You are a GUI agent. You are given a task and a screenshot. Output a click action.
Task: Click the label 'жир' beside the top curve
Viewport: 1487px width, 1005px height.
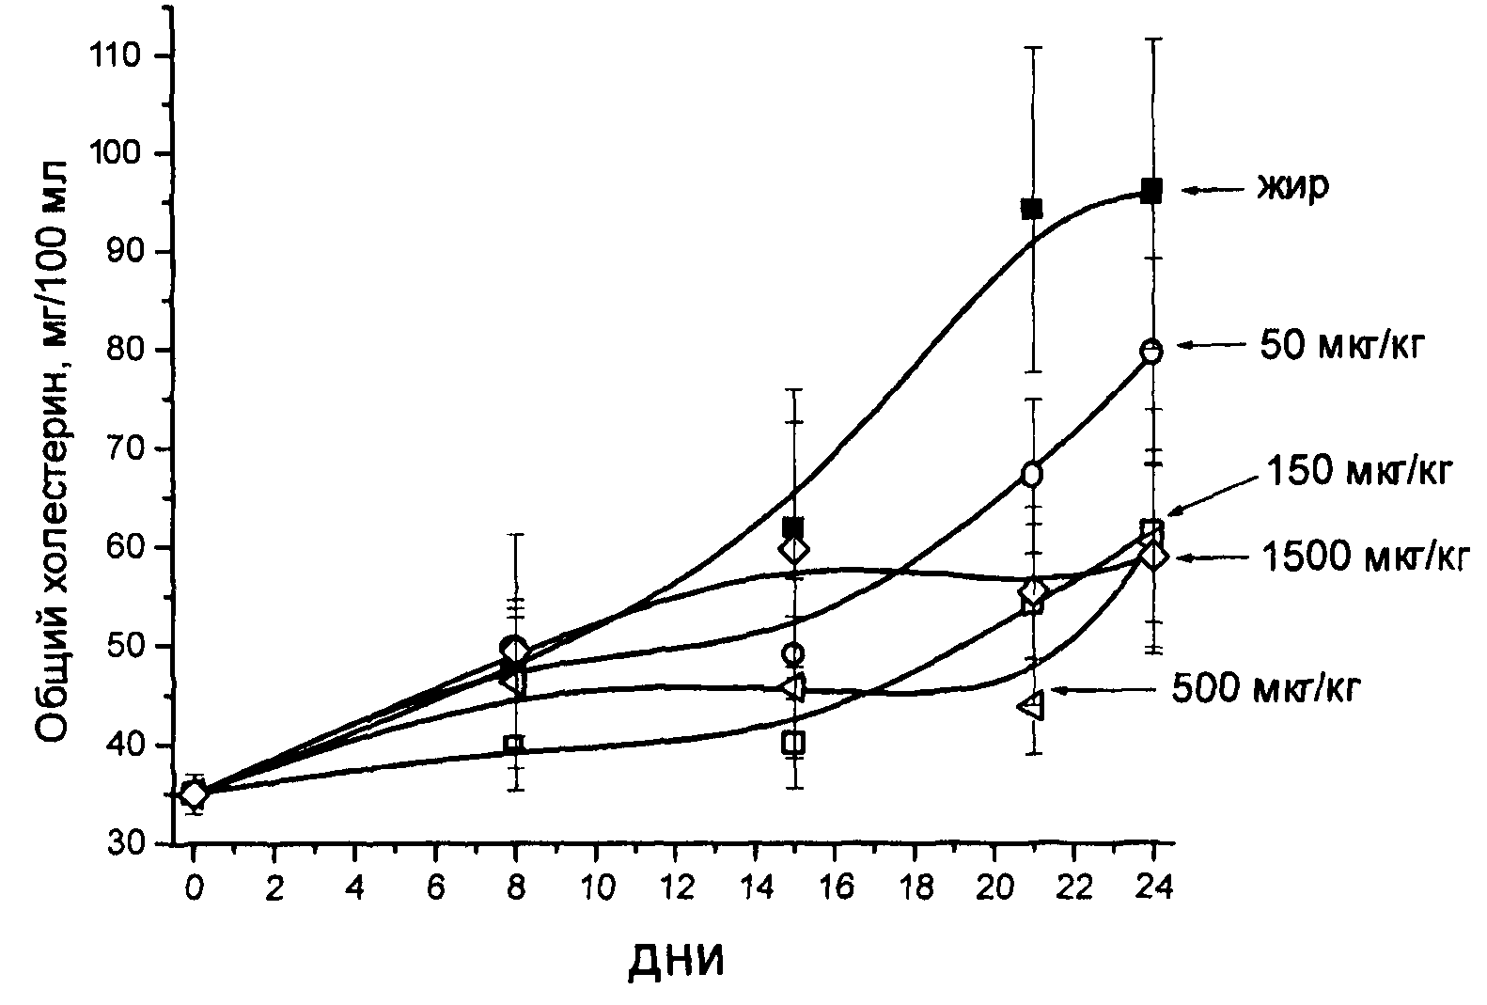(x=1294, y=188)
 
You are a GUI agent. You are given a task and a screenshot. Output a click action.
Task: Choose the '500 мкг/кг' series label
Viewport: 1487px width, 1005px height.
(x=1266, y=689)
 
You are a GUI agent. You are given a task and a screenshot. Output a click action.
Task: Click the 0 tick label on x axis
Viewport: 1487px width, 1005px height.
(x=194, y=889)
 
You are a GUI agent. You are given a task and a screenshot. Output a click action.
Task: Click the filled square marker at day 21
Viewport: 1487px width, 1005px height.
(x=1032, y=209)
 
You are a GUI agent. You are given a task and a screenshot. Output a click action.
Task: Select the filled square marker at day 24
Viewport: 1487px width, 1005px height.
(x=1151, y=191)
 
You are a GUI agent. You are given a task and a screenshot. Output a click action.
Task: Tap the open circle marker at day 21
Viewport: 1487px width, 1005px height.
(x=1032, y=474)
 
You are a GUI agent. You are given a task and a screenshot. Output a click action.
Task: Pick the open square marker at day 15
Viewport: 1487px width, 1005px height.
(x=794, y=743)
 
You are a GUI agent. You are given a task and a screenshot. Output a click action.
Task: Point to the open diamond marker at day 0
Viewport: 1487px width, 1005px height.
(x=194, y=794)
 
